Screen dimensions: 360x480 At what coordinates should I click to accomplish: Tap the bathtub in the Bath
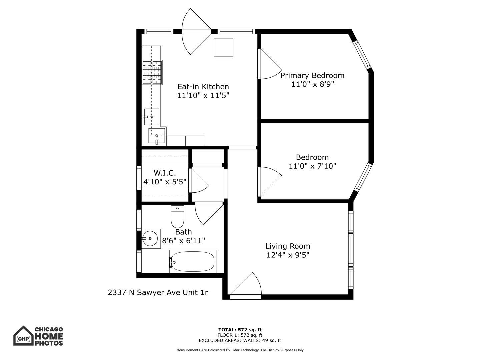[192, 262]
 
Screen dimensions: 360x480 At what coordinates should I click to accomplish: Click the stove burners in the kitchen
[152, 72]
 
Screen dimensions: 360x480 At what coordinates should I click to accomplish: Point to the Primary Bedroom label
[312, 75]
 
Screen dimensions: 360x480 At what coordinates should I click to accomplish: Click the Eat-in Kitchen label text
[203, 87]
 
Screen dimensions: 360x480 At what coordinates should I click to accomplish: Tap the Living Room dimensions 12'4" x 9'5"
[288, 255]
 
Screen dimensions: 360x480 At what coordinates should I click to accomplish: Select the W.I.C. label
[165, 173]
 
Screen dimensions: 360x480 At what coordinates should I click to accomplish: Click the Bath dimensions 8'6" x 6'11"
[183, 240]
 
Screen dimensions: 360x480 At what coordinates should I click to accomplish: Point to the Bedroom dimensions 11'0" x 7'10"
[312, 166]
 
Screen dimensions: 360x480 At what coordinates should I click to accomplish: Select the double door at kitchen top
[196, 32]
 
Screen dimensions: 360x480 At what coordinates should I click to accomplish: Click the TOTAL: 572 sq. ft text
[240, 330]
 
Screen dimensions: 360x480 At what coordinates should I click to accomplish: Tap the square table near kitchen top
[223, 48]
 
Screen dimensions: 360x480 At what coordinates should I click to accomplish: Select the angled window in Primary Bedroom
[362, 55]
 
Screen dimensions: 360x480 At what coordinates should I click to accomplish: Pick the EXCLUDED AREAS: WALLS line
[240, 340]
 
